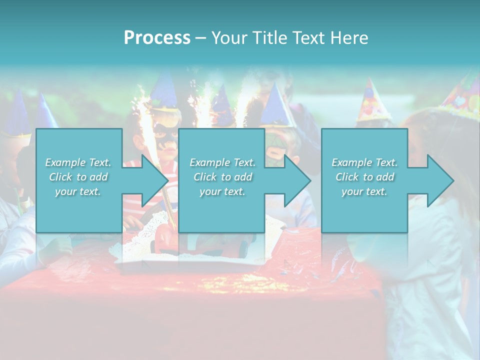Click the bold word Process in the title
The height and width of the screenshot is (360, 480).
(157, 38)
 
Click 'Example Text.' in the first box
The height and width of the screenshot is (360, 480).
(78, 162)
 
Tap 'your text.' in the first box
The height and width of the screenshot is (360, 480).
(78, 191)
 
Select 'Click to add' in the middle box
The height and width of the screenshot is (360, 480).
(222, 177)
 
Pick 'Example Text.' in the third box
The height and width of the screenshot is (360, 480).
(364, 162)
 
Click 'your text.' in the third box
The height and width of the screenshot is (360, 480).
(364, 191)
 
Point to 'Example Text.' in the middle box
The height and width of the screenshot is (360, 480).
(222, 162)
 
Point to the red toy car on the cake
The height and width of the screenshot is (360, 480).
(165, 237)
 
